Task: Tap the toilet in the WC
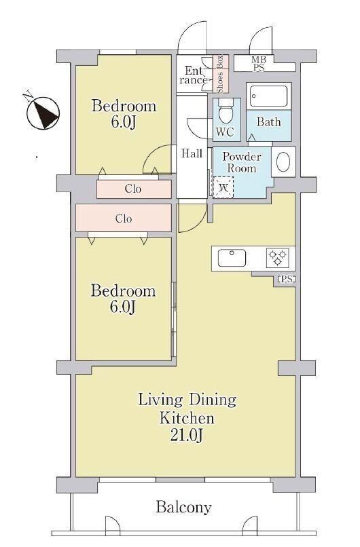coord(226,110)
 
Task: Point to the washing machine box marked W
coord(223,187)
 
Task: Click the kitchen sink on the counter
coord(232,258)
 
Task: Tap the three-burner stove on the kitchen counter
coord(278,258)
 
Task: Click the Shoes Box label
coord(220,74)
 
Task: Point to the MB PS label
coord(259,64)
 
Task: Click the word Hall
coord(192,153)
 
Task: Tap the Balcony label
coord(183,507)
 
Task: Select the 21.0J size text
coord(187,436)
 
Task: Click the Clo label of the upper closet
coord(133,189)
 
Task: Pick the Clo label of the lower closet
coord(124,219)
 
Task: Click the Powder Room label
coord(242,162)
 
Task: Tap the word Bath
coord(268,121)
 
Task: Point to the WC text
coord(225,132)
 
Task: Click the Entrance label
coord(194,76)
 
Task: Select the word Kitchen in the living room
coord(187,418)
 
